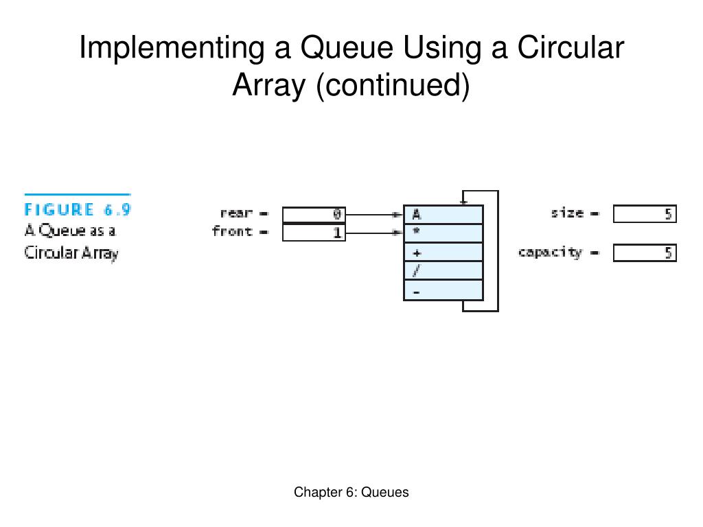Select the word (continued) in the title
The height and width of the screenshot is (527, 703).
click(393, 86)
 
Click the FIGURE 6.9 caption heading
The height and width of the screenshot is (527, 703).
click(78, 210)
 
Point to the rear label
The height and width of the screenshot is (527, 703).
click(236, 213)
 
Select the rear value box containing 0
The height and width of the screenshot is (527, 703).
click(314, 215)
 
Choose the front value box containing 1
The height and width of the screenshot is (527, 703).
click(314, 233)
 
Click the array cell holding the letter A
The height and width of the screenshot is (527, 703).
click(443, 215)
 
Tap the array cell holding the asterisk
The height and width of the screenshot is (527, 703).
click(443, 233)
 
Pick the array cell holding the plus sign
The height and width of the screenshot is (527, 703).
click(443, 252)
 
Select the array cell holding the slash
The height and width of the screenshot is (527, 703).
click(443, 270)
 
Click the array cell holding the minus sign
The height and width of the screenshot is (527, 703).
click(443, 290)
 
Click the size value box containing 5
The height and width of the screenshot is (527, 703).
click(645, 215)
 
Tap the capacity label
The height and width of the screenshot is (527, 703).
click(550, 253)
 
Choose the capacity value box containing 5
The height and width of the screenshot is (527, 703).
click(645, 253)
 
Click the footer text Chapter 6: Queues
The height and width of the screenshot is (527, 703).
click(351, 492)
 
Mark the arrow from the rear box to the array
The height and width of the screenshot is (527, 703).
click(373, 215)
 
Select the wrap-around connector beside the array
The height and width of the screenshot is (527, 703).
click(497, 251)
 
